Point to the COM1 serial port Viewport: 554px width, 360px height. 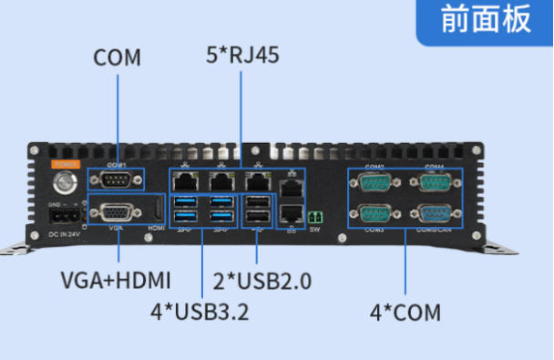(116, 178)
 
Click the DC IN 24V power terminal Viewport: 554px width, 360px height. (63, 219)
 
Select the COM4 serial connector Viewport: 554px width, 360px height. (432, 183)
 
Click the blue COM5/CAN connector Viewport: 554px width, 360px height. (432, 213)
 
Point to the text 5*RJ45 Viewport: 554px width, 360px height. (241, 54)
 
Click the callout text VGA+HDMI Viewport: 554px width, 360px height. (116, 279)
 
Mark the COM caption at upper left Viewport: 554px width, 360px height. (117, 57)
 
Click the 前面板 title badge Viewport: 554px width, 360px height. (486, 20)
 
